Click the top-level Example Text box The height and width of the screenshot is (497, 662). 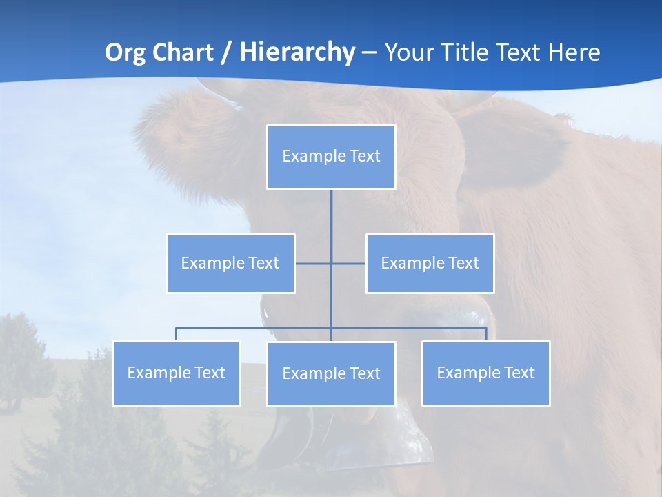(x=331, y=157)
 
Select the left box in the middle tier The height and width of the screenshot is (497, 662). (x=230, y=263)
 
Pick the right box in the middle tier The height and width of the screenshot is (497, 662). (x=430, y=263)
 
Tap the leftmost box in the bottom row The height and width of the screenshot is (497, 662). (x=176, y=373)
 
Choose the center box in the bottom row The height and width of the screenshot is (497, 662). (x=331, y=373)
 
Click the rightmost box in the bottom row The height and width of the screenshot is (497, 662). (x=485, y=373)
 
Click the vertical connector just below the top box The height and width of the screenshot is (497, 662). (x=331, y=211)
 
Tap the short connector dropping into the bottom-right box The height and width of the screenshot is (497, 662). (x=486, y=334)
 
